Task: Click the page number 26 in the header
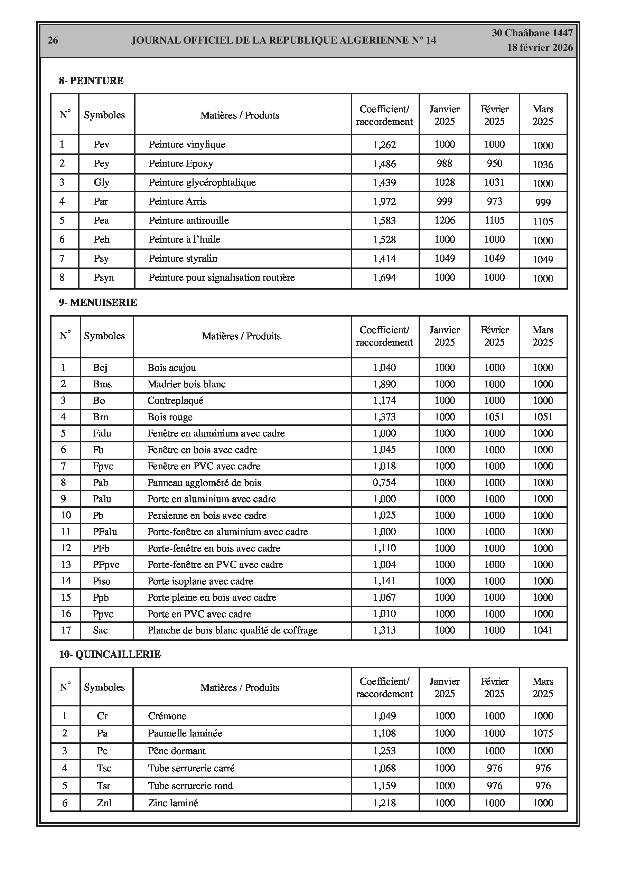53,40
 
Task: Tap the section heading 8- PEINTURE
91,81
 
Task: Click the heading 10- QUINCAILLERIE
110,654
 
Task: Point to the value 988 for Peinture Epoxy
444,163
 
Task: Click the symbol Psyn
104,278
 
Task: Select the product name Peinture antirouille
189,220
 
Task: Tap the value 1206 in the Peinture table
444,220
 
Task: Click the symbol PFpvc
106,565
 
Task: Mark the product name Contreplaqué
175,400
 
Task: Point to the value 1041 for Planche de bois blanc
542,630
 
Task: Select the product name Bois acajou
171,368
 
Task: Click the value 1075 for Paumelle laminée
542,733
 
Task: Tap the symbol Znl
104,802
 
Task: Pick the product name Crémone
167,716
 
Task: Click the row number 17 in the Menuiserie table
66,630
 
